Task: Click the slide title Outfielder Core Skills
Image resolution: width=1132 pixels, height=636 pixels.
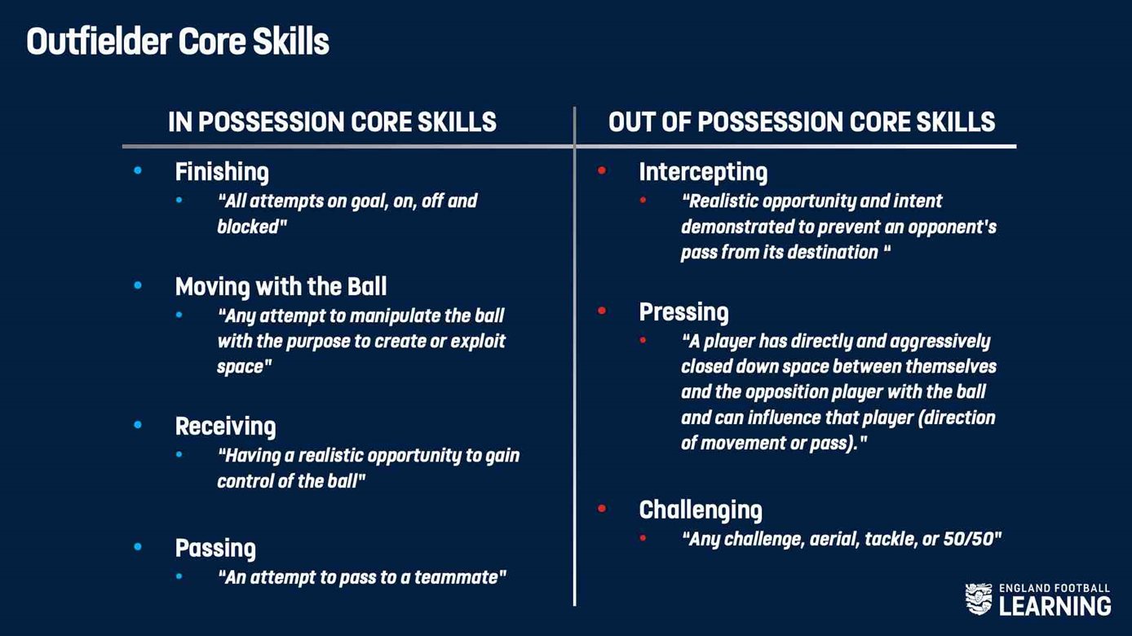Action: [x=178, y=42]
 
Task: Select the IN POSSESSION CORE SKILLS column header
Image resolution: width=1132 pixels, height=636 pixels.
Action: [x=332, y=122]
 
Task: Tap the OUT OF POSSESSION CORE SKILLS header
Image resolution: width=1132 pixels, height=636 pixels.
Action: [x=802, y=122]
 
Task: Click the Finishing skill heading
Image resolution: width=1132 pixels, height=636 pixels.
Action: [x=222, y=173]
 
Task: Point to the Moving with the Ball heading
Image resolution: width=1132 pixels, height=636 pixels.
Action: [x=281, y=287]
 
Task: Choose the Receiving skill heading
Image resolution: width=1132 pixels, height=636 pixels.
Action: [x=225, y=427]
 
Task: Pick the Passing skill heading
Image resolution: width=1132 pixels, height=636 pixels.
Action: [x=215, y=549]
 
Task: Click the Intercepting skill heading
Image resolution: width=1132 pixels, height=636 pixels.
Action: [x=703, y=173]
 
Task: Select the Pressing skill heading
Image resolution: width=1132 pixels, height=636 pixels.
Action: [x=683, y=312]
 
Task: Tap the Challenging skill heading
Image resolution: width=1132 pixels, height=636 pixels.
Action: [x=701, y=510]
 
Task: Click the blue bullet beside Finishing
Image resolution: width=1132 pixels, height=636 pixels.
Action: [x=138, y=170]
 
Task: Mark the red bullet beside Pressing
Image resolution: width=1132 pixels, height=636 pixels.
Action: [x=601, y=311]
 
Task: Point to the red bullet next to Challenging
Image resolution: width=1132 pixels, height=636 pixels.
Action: [x=601, y=508]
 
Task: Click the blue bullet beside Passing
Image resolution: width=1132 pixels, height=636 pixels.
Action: [x=138, y=547]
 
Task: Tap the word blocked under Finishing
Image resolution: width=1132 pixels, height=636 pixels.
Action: [x=248, y=227]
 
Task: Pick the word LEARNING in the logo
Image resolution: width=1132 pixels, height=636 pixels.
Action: [x=1055, y=606]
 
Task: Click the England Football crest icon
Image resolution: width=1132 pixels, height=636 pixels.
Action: [x=979, y=599]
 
